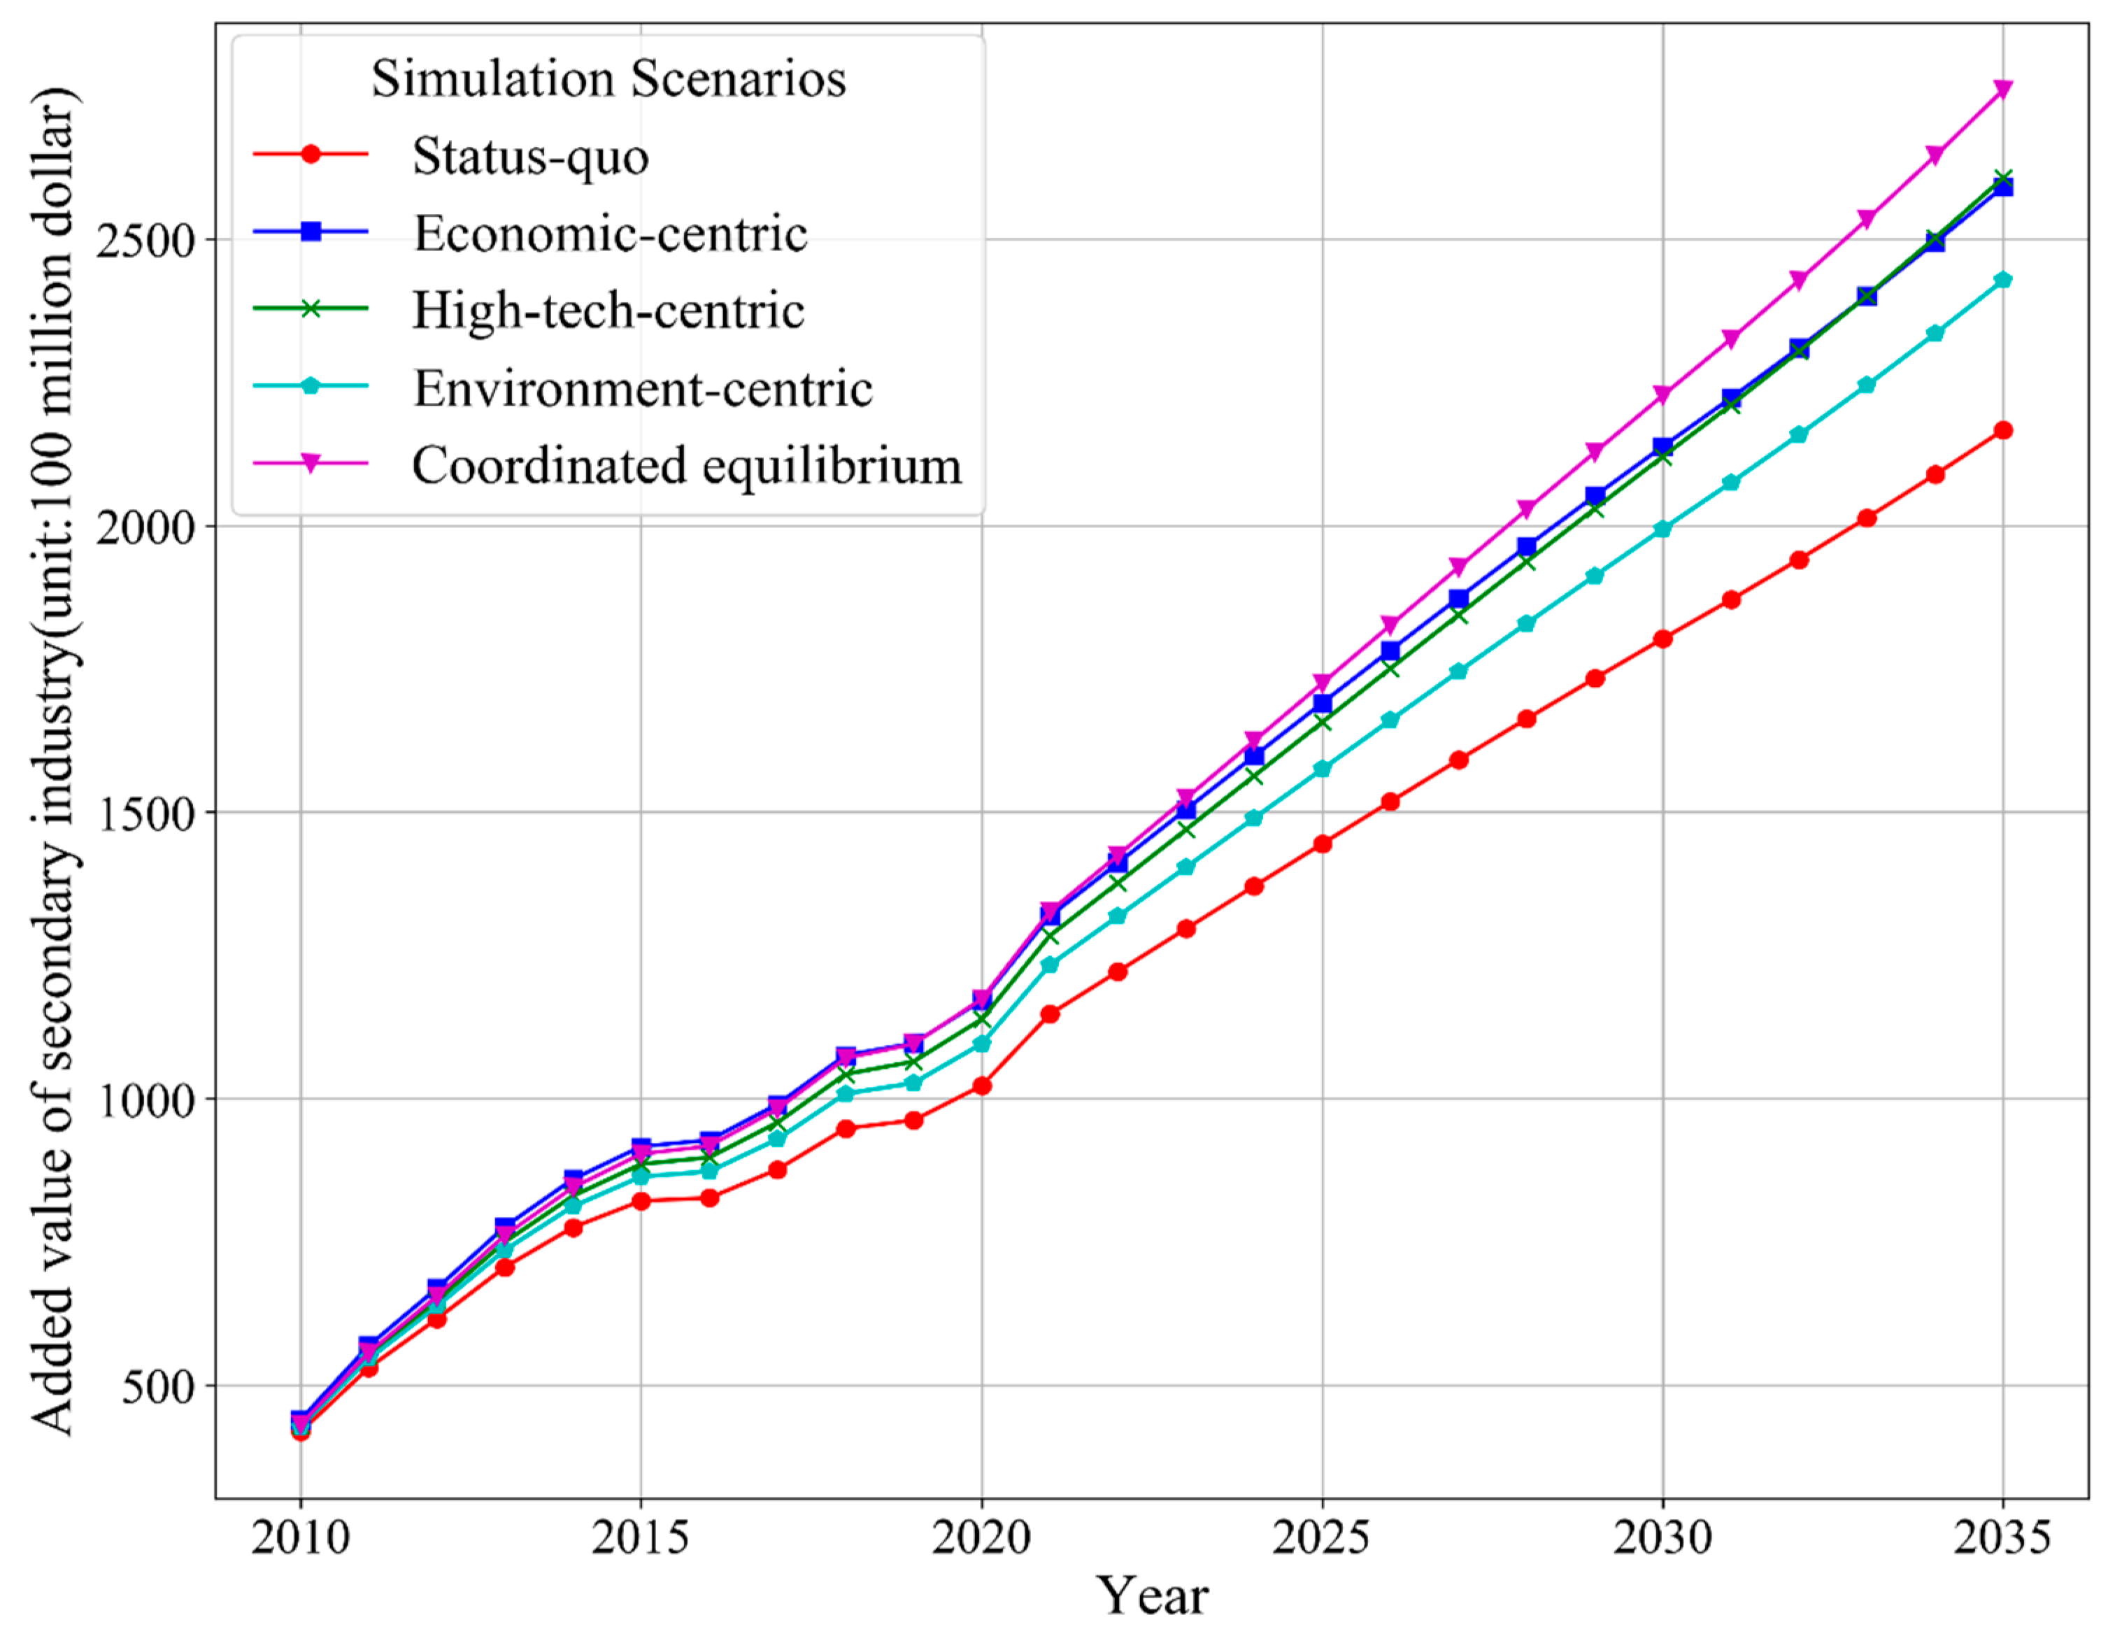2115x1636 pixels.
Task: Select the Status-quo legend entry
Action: [529, 156]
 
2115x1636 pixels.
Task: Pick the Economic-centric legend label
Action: [610, 234]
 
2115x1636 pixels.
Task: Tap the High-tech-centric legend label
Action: [608, 311]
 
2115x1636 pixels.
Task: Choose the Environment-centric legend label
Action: [643, 388]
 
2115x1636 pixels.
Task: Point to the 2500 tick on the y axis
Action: [145, 239]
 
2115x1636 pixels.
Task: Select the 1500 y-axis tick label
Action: [145, 813]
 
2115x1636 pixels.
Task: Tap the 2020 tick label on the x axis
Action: [981, 1537]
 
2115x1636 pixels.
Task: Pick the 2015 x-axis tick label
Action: [640, 1537]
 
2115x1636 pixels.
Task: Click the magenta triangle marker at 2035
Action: [2002, 89]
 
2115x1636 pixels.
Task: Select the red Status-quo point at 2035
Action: [2002, 430]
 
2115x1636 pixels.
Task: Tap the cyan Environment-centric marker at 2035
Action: [2002, 280]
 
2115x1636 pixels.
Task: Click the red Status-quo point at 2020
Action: [981, 1086]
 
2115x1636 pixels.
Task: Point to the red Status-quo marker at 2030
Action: [1662, 639]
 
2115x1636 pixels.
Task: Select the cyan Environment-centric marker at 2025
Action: [1322, 769]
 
